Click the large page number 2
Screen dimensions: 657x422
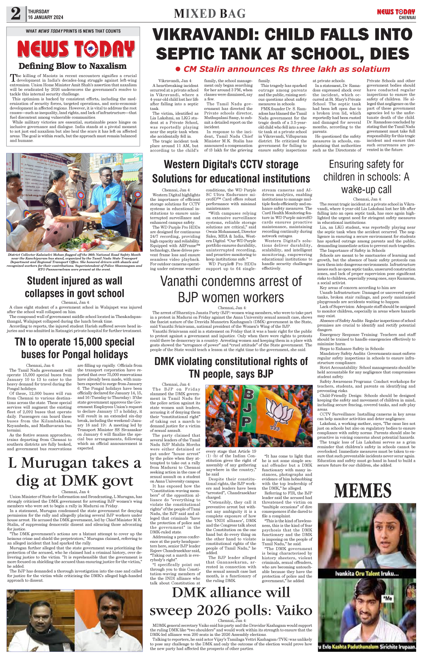tap(16, 14)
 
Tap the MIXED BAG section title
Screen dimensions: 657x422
tap(210, 14)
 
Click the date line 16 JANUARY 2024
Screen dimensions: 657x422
tap(45, 17)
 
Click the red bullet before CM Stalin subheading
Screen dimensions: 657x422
tap(178, 69)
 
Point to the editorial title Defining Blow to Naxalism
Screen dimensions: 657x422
tap(72, 66)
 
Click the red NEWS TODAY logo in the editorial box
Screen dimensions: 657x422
tap(76, 49)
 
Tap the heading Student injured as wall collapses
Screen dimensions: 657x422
tap(75, 287)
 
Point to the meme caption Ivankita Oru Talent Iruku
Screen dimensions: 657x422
tap(367, 573)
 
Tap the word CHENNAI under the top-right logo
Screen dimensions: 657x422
tap(407, 18)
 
